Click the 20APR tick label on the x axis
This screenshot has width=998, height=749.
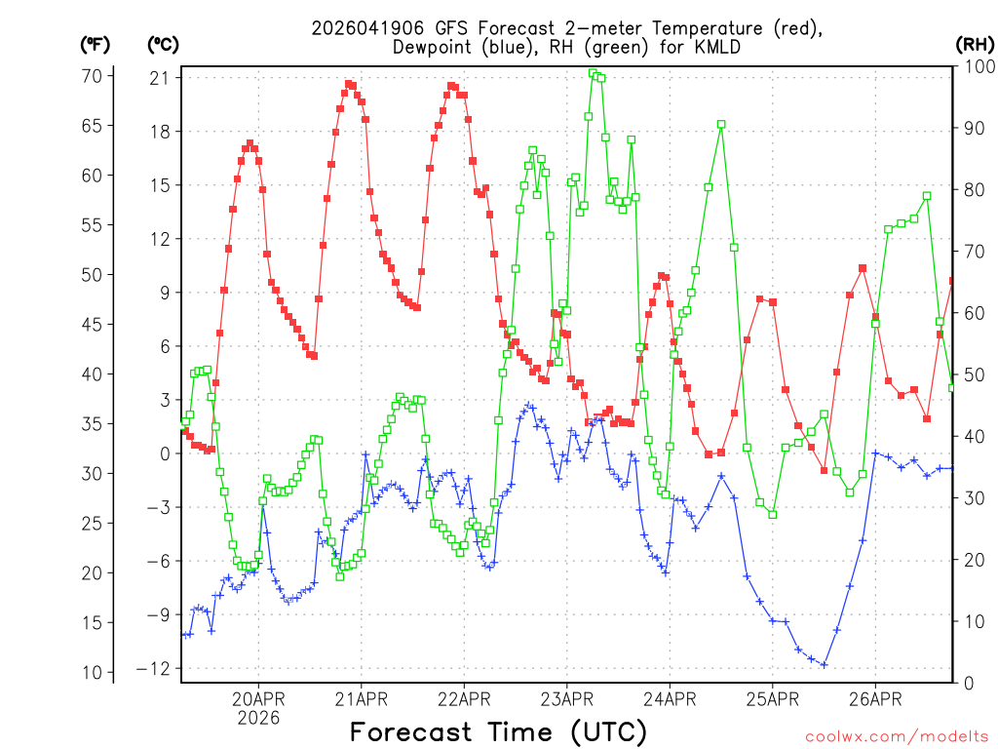(x=258, y=699)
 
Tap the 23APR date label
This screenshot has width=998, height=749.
(x=567, y=699)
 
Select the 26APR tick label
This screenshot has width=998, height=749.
(x=875, y=699)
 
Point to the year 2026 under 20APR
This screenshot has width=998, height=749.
(x=258, y=718)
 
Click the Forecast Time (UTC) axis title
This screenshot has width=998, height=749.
(x=498, y=731)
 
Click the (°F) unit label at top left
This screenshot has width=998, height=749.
(x=95, y=44)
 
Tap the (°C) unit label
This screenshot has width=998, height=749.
(x=163, y=44)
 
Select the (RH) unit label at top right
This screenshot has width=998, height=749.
(x=973, y=44)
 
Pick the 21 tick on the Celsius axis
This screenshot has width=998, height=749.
(x=159, y=78)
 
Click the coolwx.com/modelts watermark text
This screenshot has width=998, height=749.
(x=897, y=735)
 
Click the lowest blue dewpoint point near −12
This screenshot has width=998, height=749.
(x=824, y=665)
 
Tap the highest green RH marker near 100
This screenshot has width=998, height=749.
(x=593, y=73)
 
